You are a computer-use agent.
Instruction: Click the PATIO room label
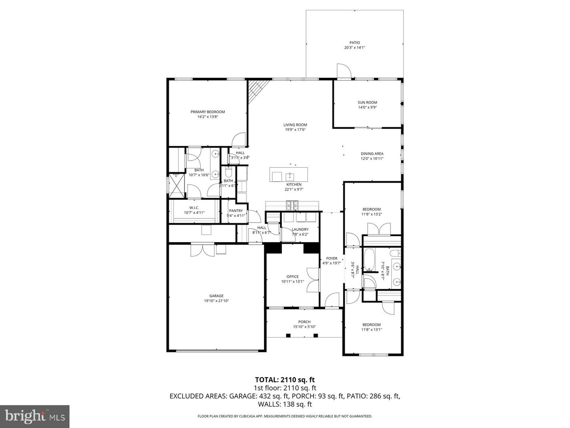(x=354, y=43)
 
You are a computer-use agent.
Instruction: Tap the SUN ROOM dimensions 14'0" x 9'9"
(x=367, y=107)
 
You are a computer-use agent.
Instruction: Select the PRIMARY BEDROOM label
(x=207, y=112)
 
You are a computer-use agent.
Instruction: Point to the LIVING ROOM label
(x=295, y=125)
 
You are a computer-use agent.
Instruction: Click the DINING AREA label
(x=372, y=154)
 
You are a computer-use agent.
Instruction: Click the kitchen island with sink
(x=289, y=175)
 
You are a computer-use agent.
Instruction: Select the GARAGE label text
(x=216, y=296)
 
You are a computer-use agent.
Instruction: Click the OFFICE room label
(x=293, y=277)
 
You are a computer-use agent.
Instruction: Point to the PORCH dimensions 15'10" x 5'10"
(x=304, y=327)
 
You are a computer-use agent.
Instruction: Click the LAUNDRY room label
(x=300, y=229)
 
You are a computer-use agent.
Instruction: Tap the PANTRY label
(x=236, y=211)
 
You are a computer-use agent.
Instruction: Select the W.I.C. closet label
(x=194, y=208)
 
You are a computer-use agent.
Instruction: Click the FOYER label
(x=331, y=258)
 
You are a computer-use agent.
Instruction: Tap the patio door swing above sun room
(x=343, y=71)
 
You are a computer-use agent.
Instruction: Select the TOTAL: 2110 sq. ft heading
(x=285, y=380)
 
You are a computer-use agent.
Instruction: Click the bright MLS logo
(x=34, y=416)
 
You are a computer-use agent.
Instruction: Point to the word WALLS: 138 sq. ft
(x=285, y=404)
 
